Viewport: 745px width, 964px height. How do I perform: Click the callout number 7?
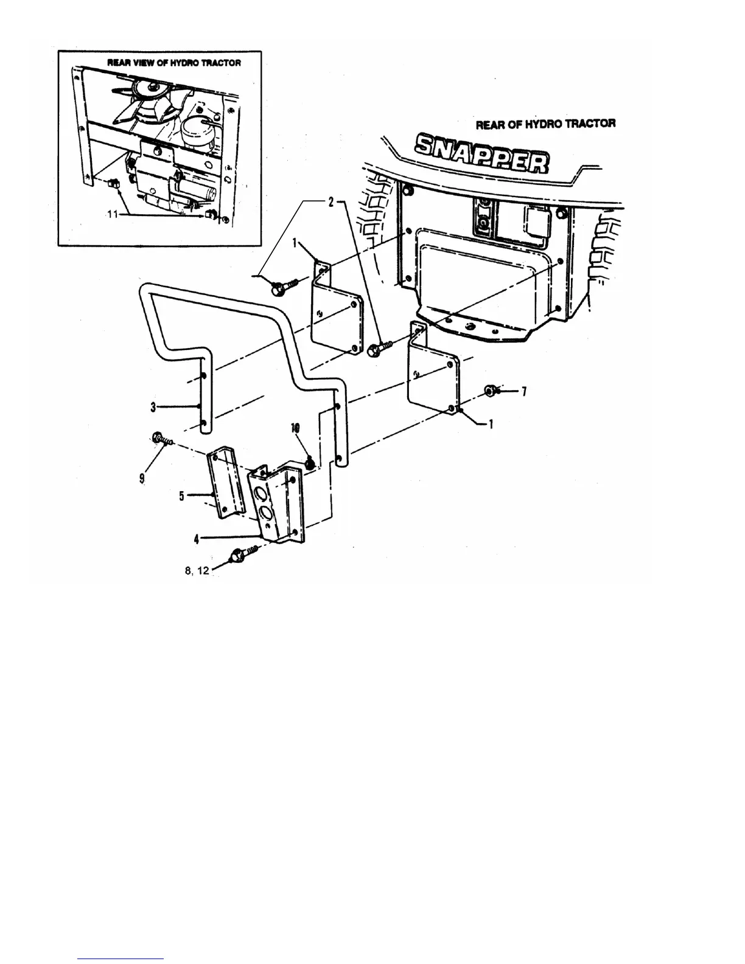[523, 391]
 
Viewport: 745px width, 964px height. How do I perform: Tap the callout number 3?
[153, 406]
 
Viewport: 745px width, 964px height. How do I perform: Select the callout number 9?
[142, 478]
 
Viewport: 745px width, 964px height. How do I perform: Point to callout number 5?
[181, 496]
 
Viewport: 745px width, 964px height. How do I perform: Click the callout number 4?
[197, 538]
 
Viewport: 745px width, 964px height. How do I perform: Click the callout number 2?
[331, 203]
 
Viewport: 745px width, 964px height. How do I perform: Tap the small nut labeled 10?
[309, 464]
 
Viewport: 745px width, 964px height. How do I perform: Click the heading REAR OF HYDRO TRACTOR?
[545, 124]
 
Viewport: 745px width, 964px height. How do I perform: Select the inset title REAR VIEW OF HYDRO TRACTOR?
[174, 63]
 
